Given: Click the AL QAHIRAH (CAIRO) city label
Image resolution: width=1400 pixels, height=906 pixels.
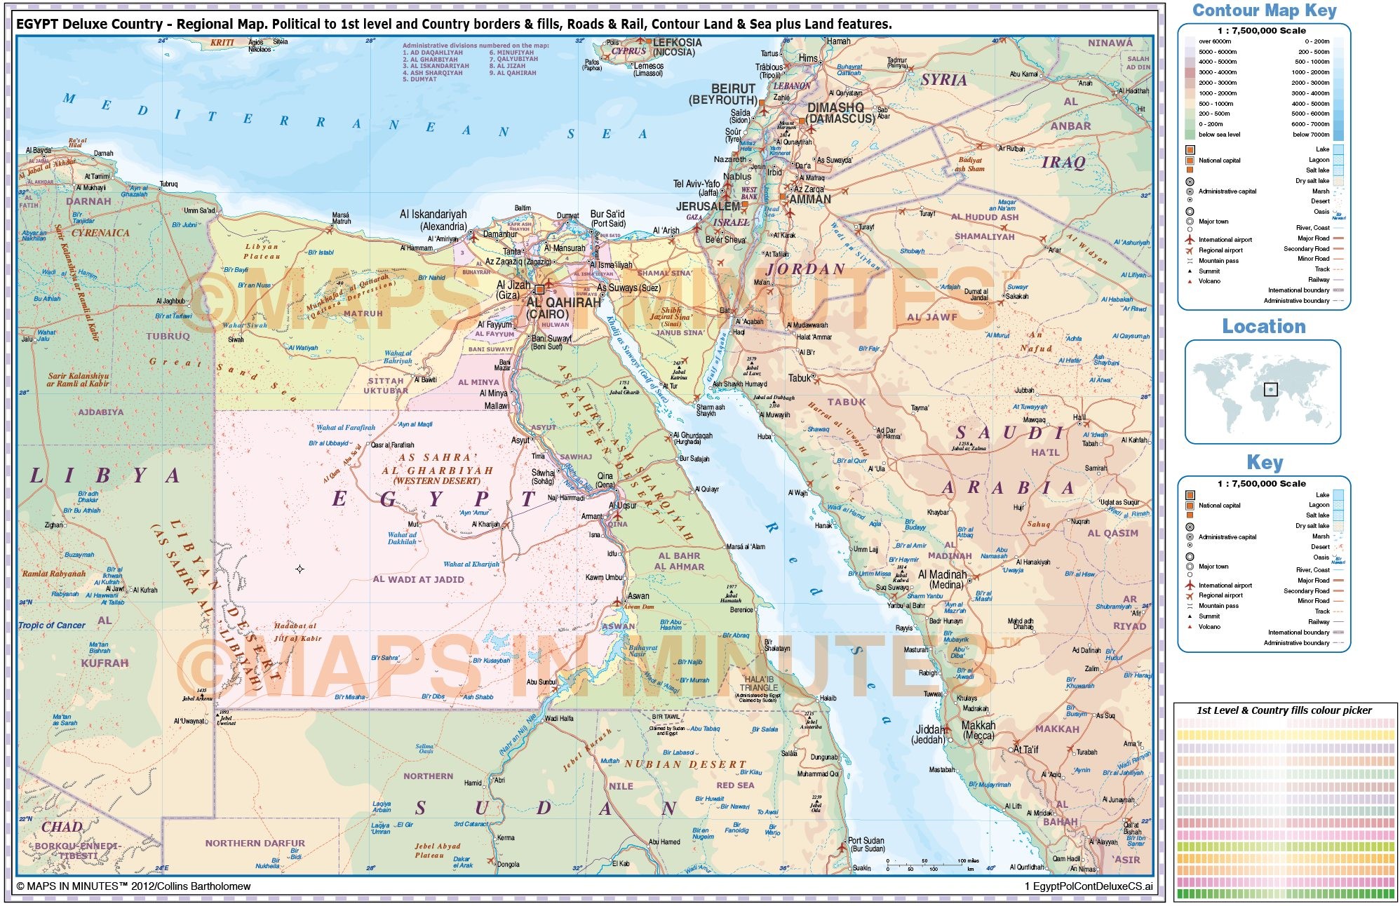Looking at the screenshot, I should point(563,309).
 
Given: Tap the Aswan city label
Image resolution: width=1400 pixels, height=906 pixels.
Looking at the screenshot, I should point(638,596).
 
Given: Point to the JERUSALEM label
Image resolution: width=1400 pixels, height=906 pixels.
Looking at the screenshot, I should point(708,207).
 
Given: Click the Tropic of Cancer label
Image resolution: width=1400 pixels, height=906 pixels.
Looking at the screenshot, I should point(51,626).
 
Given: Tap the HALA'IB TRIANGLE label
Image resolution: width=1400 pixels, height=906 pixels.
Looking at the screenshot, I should point(759,684).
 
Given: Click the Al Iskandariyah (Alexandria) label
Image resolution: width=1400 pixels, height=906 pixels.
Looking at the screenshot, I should point(433,220).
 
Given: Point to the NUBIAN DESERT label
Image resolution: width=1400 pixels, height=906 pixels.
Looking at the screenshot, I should point(685,764).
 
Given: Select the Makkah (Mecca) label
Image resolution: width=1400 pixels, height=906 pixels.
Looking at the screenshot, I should point(978,730).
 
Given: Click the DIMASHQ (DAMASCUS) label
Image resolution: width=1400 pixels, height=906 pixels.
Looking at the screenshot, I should point(840,113).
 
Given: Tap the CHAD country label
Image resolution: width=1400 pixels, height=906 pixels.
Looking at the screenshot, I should point(62,827).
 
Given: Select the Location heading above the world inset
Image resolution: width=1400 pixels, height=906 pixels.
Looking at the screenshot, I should point(1263,327).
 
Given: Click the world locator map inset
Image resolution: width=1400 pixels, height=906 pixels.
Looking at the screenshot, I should point(1263,391).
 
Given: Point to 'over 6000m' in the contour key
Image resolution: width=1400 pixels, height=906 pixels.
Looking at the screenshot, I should point(1214,41).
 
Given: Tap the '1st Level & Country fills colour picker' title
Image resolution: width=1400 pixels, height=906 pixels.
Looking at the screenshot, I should point(1284,710).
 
